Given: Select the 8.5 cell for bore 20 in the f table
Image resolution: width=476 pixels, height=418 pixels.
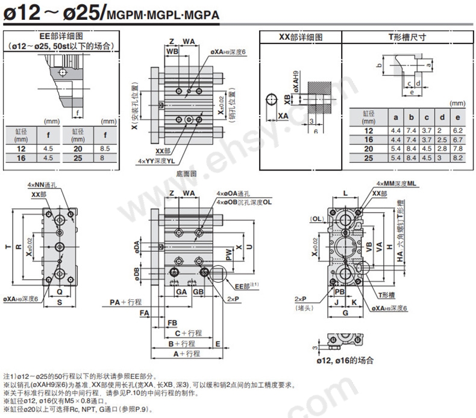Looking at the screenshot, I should pyautogui.click(x=105, y=148).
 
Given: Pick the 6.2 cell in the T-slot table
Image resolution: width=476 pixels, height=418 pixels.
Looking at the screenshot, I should pyautogui.click(x=457, y=130).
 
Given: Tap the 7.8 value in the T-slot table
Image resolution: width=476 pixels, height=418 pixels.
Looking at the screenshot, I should pyautogui.click(x=457, y=148).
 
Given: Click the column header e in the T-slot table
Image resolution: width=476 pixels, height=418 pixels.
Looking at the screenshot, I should pyautogui.click(x=457, y=117).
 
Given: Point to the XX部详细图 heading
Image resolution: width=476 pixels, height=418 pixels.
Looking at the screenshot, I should pyautogui.click(x=300, y=37).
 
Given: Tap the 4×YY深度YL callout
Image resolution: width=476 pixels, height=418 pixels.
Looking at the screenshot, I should pyautogui.click(x=156, y=161).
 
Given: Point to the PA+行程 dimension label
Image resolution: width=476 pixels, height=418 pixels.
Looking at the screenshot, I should pyautogui.click(x=125, y=301).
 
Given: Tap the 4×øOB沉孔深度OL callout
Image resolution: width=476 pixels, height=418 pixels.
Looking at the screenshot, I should pyautogui.click(x=245, y=202).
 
